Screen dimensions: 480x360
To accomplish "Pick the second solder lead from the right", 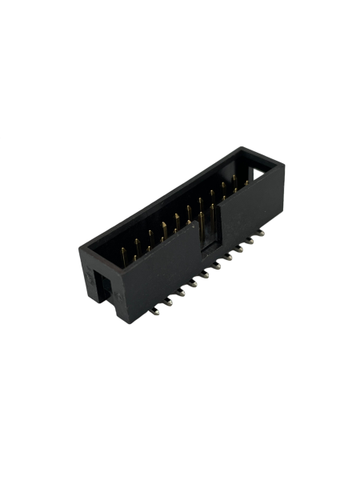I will [250, 242].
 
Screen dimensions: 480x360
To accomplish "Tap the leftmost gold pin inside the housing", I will [125, 254].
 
